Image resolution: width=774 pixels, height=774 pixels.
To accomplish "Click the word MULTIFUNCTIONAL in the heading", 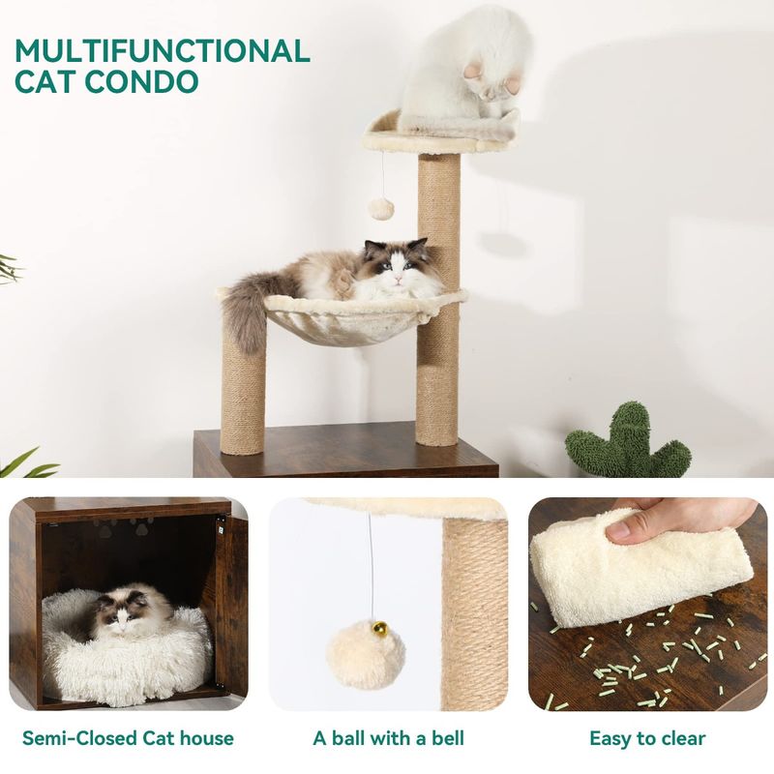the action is tap(163, 51).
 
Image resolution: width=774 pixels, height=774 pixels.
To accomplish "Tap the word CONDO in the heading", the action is tap(141, 81).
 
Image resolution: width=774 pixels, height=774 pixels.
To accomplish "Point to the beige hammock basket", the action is tap(345, 316).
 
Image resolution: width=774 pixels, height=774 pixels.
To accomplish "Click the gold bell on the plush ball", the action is tap(380, 627).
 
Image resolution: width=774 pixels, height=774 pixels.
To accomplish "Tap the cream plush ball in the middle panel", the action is tap(366, 654).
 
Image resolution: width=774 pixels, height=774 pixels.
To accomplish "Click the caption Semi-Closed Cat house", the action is tap(128, 738).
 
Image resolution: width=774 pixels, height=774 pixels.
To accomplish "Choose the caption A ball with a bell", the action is tap(389, 738).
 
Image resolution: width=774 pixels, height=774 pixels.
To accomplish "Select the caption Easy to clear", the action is tap(647, 739).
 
